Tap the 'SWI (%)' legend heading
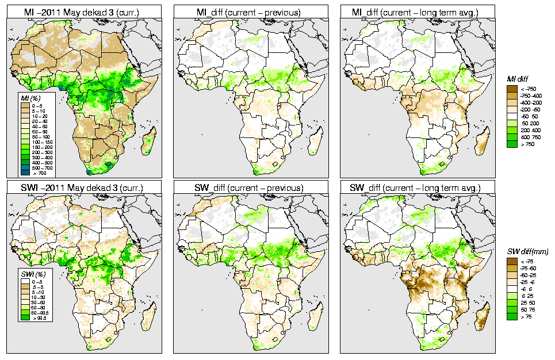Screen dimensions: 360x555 point(30,275)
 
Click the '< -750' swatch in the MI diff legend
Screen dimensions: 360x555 point(511,88)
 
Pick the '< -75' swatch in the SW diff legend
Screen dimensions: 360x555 point(511,261)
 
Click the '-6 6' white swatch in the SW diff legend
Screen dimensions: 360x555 point(511,289)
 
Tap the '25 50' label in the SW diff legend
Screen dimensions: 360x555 point(527,303)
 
